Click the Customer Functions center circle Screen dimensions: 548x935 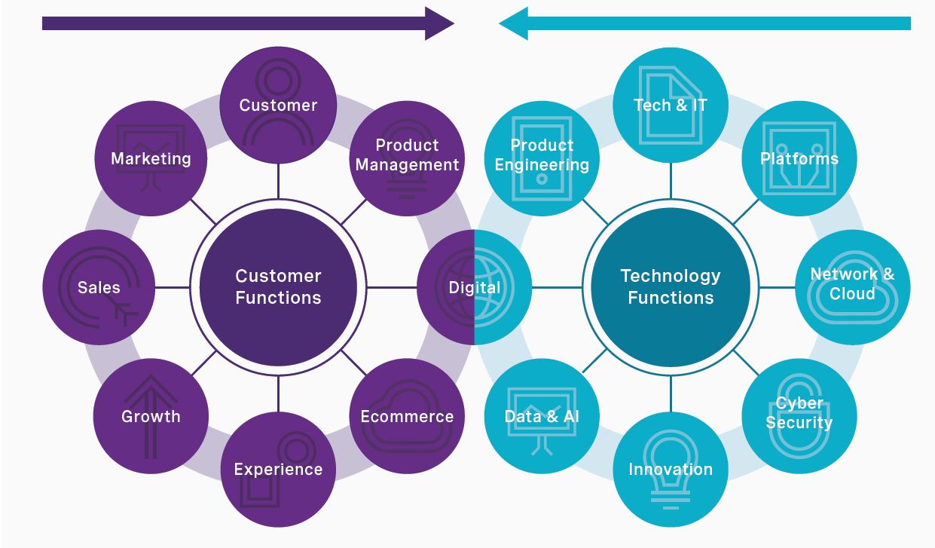[x=278, y=287]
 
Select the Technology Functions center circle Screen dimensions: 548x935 [x=671, y=287]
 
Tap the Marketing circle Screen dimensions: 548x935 [x=151, y=158]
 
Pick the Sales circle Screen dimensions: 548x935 [x=99, y=287]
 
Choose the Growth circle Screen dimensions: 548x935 [x=151, y=415]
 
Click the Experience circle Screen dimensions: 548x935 [x=278, y=469]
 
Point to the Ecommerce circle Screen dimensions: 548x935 [x=407, y=415]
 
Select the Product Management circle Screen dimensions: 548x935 [x=407, y=155]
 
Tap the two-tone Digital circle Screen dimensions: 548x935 [x=474, y=287]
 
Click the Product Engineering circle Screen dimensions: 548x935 [x=542, y=155]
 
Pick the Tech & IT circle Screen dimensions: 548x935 [x=671, y=105]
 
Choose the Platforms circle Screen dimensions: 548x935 [x=799, y=158]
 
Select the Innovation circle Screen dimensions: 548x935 [x=671, y=469]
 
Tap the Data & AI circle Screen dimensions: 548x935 [x=542, y=415]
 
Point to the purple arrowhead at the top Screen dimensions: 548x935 [x=439, y=23]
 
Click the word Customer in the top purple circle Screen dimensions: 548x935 [x=278, y=106]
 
